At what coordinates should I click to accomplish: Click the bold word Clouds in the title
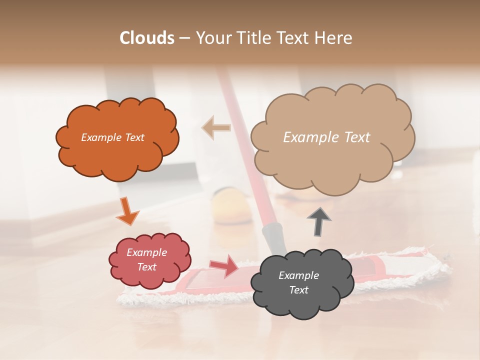coord(147,38)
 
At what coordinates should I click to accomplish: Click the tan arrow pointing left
coord(216,127)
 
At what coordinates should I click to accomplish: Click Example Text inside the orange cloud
coord(112,137)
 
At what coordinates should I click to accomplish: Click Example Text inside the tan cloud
coord(326,137)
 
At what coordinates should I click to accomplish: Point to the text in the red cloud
coord(146,259)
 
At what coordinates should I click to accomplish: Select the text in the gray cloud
coord(298,282)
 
